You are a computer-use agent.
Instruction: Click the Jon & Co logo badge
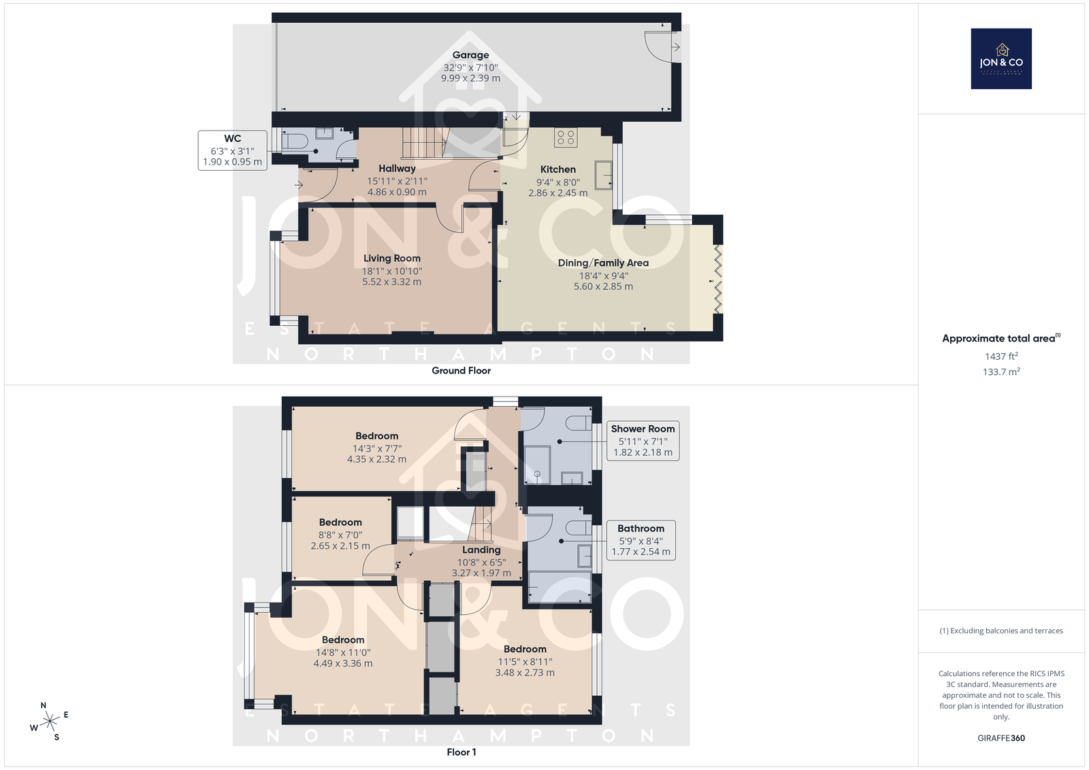1001,58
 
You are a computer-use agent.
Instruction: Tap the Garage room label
470,55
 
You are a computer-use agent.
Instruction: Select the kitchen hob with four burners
566,137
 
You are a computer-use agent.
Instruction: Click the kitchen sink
603,174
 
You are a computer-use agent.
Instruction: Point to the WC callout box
232,150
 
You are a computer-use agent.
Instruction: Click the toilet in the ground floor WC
294,141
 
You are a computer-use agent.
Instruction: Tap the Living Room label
392,258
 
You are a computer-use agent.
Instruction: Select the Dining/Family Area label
603,263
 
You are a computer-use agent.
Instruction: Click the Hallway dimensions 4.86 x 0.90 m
397,192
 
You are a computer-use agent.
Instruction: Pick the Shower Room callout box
643,441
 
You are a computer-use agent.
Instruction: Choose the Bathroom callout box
640,540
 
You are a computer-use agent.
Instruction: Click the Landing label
481,550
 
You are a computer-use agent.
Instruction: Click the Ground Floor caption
461,371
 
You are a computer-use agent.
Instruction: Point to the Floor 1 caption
461,752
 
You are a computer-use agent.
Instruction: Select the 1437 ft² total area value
1001,356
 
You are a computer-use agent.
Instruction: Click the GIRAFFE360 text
1001,738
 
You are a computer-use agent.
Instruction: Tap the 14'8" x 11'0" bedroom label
343,652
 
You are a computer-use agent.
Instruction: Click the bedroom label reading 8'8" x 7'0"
340,535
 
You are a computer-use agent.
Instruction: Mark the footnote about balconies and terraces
1001,631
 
